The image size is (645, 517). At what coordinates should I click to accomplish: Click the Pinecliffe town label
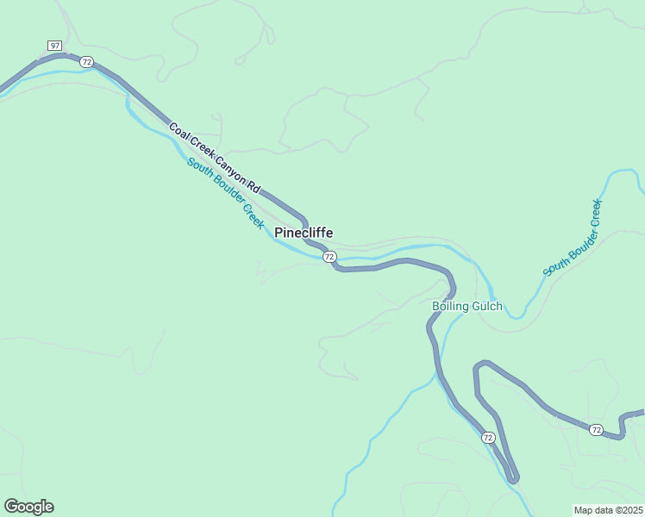click(304, 233)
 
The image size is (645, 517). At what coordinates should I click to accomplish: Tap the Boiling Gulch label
click(467, 306)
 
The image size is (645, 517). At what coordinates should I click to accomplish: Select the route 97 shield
click(54, 45)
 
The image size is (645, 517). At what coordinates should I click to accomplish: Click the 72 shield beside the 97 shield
click(86, 61)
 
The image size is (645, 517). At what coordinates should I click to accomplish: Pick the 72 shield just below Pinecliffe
click(329, 257)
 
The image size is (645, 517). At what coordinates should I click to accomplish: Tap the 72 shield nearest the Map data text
click(596, 429)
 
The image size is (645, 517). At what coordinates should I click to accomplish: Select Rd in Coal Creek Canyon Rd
click(253, 185)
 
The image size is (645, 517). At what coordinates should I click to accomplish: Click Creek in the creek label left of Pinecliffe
click(253, 215)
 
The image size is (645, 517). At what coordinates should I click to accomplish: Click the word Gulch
click(486, 306)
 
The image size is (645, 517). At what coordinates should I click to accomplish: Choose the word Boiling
click(450, 306)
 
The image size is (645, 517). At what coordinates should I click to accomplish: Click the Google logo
click(28, 507)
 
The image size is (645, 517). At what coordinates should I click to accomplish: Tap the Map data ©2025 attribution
click(608, 510)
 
